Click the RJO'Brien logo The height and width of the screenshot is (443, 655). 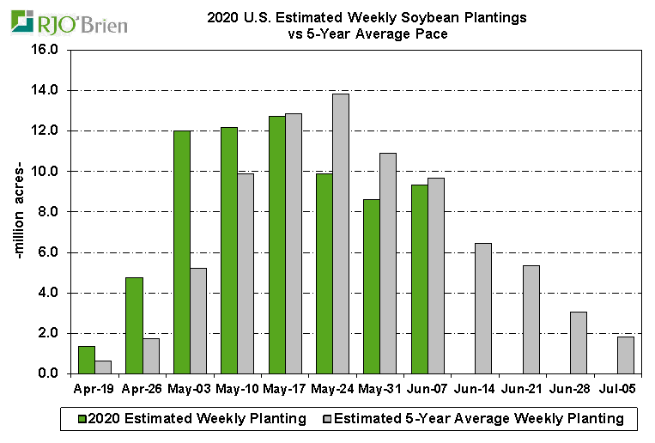click(x=69, y=22)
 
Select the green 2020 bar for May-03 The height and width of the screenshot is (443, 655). click(x=181, y=252)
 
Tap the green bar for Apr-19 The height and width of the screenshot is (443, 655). click(x=86, y=360)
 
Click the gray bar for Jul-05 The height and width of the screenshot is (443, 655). click(x=626, y=355)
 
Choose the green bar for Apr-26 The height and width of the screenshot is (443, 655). click(x=134, y=325)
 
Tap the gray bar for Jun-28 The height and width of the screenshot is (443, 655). click(x=579, y=343)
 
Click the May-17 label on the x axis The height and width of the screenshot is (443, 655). click(x=285, y=389)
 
